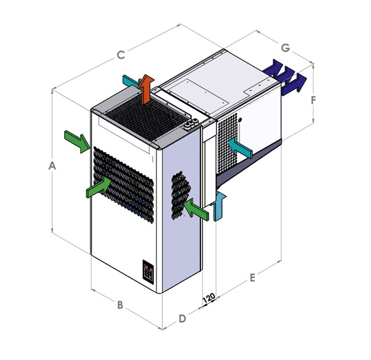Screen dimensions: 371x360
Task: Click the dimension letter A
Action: pos(53,165)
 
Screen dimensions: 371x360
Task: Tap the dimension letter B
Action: pos(120,305)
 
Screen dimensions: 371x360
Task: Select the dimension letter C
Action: pos(121,55)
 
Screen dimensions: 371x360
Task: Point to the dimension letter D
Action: pos(182,319)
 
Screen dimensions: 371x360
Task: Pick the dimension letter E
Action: pos(252,278)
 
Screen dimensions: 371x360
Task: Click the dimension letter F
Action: pos(313,100)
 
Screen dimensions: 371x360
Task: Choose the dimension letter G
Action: pos(286,48)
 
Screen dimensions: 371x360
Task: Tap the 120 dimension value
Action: pos(209,298)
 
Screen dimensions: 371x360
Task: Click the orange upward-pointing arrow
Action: pos(146,88)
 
